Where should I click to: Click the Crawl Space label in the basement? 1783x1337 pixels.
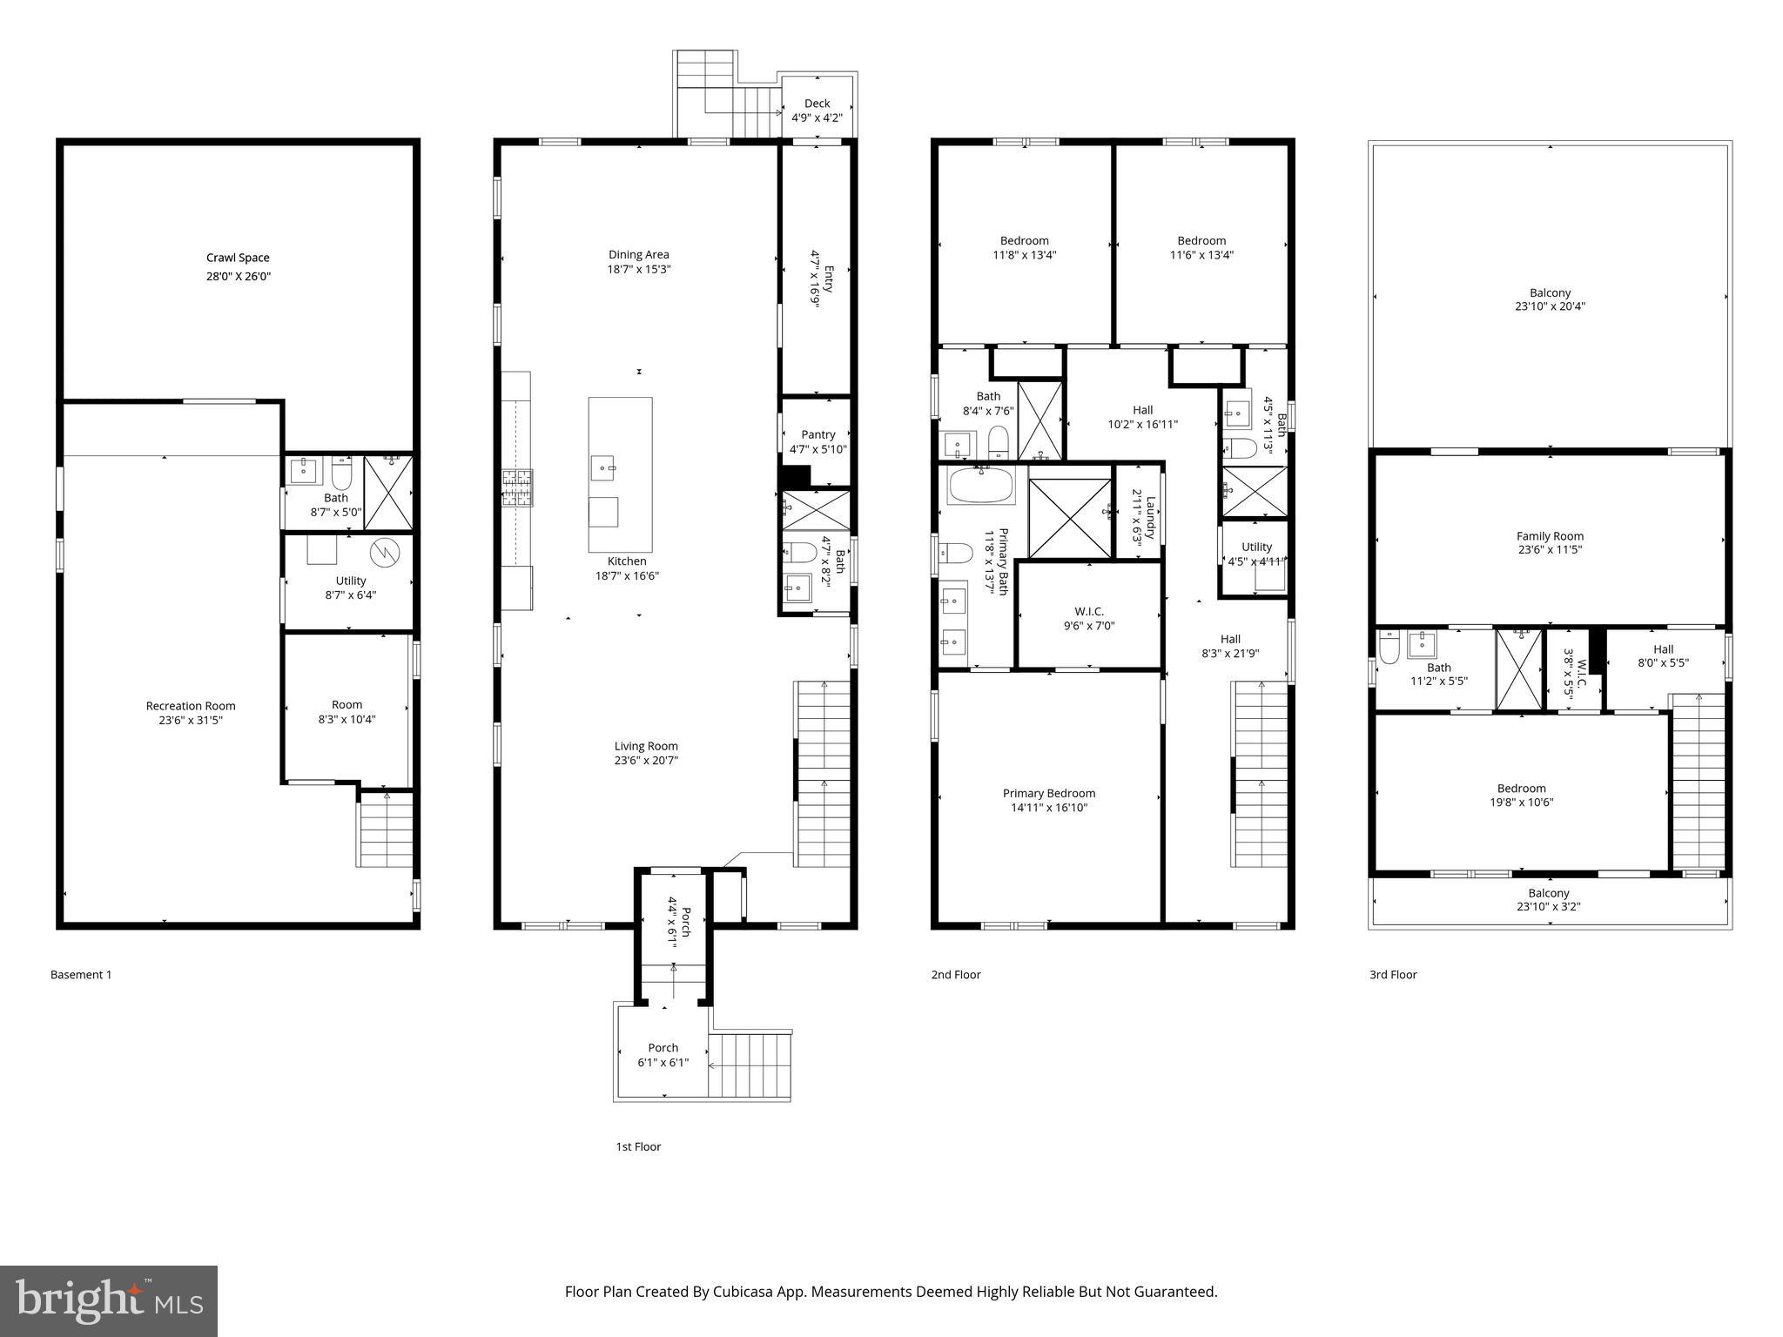[x=238, y=258]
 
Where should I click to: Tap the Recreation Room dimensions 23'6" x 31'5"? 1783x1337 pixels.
[x=191, y=721]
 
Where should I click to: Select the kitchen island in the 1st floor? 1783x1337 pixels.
[x=620, y=474]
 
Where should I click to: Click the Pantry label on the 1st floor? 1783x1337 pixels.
[x=817, y=434]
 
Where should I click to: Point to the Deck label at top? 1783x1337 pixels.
[x=817, y=104]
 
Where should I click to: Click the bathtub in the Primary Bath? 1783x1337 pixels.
[x=981, y=486]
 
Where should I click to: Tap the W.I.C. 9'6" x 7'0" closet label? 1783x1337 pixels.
[x=1088, y=612]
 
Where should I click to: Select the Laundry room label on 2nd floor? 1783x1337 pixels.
[x=1149, y=518]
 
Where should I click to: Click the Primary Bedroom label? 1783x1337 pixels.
[x=1048, y=793]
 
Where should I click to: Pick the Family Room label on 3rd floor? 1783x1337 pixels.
[x=1550, y=536]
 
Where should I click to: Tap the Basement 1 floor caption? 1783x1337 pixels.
[x=81, y=975]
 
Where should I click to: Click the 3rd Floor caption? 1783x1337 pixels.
[x=1393, y=975]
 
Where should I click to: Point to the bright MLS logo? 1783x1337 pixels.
[x=109, y=1301]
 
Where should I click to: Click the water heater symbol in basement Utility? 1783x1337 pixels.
[x=383, y=552]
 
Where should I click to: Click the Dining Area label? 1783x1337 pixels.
[x=639, y=255]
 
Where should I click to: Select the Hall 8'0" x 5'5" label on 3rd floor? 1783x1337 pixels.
[x=1663, y=649]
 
